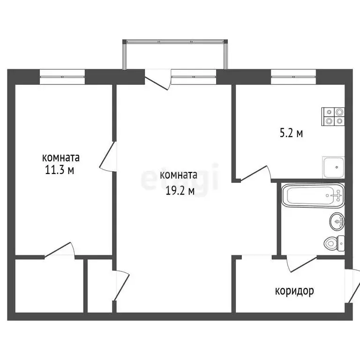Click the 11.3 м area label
pos(60,170)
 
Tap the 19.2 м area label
pos(180,191)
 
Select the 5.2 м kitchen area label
pos(292,133)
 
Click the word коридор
pos(294,292)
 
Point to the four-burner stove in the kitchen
pos(333,117)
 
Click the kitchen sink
pos(334,167)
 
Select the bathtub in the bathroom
pos(313,195)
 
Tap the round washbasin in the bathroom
pos(337,221)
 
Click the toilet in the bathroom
pos(334,243)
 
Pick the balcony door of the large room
pos(158,80)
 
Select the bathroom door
pos(301,263)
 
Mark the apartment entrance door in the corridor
pos(353,286)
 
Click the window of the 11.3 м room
pos(62,77)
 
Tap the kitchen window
pos(293,77)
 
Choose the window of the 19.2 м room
pos(194,77)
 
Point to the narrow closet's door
pos(122,285)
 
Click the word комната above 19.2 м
pos(179,175)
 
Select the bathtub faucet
pos(337,195)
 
